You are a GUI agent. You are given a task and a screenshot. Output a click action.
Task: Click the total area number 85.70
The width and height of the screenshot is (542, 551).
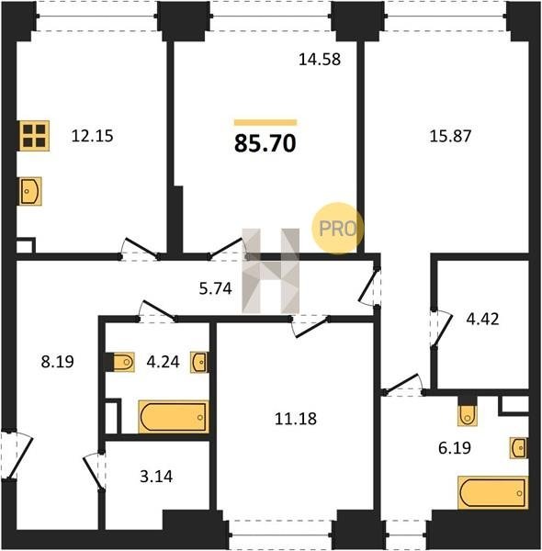point(265,143)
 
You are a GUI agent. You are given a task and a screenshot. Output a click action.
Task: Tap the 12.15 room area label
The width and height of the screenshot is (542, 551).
point(92,136)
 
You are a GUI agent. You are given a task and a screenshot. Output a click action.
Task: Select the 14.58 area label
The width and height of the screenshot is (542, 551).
point(320,60)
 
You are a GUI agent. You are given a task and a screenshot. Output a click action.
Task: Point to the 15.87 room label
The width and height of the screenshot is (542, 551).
point(450,136)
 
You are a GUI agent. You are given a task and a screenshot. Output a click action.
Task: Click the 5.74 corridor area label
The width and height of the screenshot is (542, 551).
point(216,288)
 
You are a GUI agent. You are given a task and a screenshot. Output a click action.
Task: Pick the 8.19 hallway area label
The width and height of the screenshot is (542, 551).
point(57,361)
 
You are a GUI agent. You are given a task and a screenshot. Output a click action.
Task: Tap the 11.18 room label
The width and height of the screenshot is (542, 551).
point(296,419)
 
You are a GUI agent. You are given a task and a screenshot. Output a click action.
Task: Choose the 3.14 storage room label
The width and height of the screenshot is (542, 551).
point(156,477)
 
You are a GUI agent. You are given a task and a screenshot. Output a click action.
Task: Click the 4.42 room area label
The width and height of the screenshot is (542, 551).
point(482,319)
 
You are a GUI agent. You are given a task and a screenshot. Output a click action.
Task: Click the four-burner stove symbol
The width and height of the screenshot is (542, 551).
point(34,136)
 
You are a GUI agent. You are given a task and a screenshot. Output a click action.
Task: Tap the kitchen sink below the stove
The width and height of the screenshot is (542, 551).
point(30,191)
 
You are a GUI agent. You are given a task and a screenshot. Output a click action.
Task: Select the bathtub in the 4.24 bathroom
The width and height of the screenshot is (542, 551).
point(174,417)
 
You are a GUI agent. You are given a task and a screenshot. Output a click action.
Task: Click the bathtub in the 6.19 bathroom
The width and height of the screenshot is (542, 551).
point(492,492)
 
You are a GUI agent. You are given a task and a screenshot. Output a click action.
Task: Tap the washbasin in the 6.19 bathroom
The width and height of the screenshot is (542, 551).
point(519,448)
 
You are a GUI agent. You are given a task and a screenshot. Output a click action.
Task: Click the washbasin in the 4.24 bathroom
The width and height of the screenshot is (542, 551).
point(199,362)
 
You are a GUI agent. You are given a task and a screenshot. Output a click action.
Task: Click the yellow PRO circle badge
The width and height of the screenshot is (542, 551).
point(337,228)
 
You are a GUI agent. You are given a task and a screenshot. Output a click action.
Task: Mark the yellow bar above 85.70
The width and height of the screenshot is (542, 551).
point(265,123)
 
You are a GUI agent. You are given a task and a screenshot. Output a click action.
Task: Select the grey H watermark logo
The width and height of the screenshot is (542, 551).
point(271,271)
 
